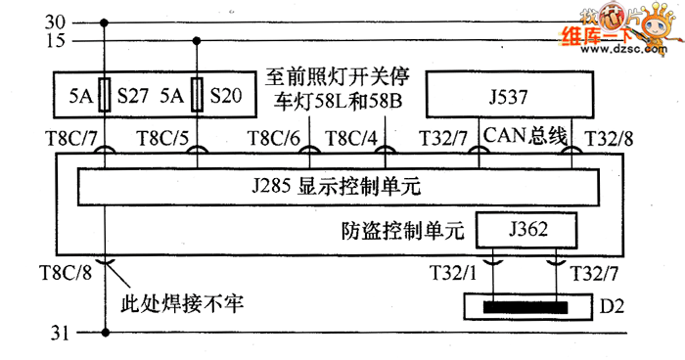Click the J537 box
[510, 95]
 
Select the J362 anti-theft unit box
[526, 230]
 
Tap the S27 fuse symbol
[104, 95]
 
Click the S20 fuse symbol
[197, 95]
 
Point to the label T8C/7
[71, 139]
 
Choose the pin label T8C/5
[162, 139]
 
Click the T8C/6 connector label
[274, 139]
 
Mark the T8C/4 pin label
[350, 139]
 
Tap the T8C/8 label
[66, 273]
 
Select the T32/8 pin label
[609, 139]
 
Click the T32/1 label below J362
[453, 273]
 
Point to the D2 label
[612, 307]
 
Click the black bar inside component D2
[525, 307]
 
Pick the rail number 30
[55, 22]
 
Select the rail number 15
[55, 41]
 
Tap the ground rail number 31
[60, 333]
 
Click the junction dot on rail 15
[197, 41]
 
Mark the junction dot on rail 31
[105, 333]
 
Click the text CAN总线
[525, 135]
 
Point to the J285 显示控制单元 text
[337, 187]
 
